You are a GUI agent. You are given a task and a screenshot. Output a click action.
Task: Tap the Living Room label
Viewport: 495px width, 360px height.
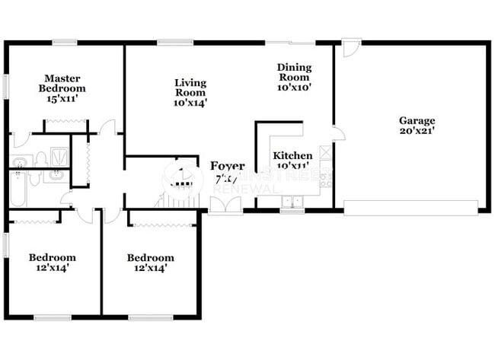[x=190, y=88]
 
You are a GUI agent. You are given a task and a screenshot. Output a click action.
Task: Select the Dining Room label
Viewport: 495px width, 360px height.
[x=293, y=72]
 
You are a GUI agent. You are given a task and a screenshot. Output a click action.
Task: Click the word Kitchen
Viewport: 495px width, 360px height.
[x=292, y=155]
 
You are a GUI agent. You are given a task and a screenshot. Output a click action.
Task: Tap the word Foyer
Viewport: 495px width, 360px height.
[x=227, y=166]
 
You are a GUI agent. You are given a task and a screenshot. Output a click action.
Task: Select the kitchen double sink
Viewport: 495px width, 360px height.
[x=292, y=202]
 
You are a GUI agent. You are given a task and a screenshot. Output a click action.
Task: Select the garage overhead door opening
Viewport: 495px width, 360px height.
[x=410, y=207]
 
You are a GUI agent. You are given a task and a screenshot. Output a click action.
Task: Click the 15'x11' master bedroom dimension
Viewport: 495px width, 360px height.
[x=62, y=99]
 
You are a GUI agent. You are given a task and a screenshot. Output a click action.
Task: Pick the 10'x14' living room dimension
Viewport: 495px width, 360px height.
[x=190, y=102]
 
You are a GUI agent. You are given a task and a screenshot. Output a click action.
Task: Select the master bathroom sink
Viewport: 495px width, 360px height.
[x=21, y=161]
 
